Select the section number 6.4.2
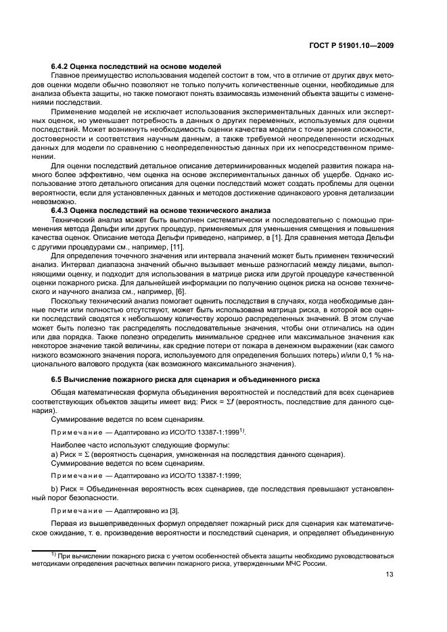click(x=62, y=66)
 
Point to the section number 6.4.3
click(x=62, y=211)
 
